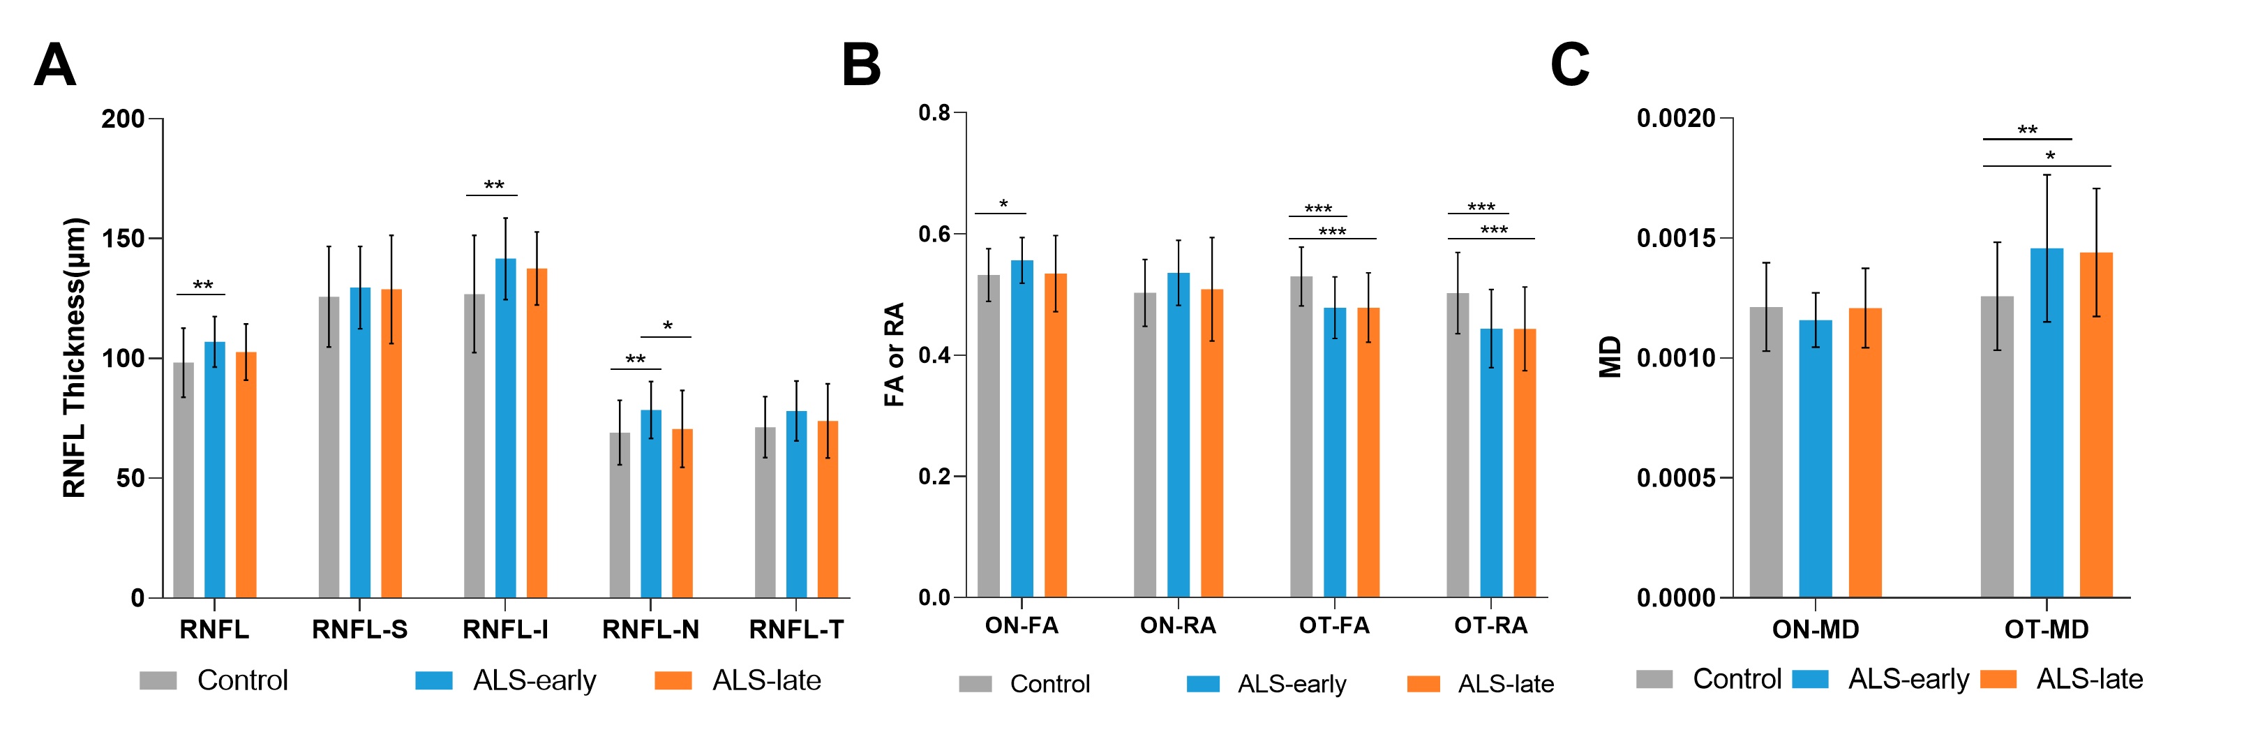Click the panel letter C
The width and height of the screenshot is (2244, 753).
[x=1570, y=66]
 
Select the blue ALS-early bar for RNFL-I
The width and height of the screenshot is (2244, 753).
[x=505, y=427]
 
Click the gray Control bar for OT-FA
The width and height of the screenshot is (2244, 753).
[x=1301, y=435]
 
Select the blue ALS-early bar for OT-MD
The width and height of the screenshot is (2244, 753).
[x=2047, y=423]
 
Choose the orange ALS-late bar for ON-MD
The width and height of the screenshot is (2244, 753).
[x=1865, y=452]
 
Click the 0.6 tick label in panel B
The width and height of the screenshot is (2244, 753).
[x=934, y=234]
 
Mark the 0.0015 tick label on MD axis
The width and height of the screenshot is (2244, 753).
[x=1675, y=239]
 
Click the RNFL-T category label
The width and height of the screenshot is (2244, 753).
[x=796, y=629]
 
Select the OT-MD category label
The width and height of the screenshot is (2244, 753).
[x=2047, y=629]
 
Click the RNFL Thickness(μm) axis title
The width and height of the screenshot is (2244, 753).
[x=75, y=357]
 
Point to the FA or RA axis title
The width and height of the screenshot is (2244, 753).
[x=895, y=355]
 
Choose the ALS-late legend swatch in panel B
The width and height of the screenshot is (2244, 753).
[x=1423, y=684]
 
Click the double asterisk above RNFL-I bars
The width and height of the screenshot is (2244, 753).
[x=494, y=186]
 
